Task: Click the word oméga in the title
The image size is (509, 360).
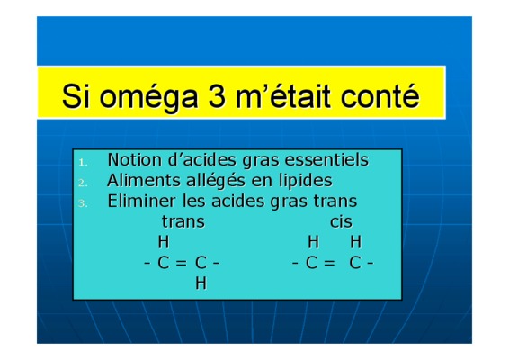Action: click(x=148, y=97)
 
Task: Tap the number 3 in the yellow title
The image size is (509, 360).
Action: click(x=217, y=95)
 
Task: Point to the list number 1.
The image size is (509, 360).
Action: click(x=83, y=163)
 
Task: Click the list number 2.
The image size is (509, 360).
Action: click(x=83, y=183)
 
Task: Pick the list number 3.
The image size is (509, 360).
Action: click(x=83, y=203)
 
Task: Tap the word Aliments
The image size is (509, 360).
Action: click(x=143, y=180)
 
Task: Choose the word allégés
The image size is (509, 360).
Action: click(x=216, y=181)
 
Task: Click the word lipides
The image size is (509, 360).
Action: click(x=306, y=181)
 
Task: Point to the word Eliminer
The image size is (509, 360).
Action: click(x=141, y=201)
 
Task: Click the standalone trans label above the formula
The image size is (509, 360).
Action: click(x=183, y=222)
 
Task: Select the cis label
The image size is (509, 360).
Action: click(x=341, y=222)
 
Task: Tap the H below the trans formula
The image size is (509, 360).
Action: click(x=201, y=283)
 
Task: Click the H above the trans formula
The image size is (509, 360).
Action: click(x=164, y=242)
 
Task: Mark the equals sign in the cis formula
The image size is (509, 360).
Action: click(x=329, y=263)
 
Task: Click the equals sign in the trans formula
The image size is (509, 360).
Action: click(x=181, y=263)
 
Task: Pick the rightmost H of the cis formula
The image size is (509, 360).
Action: click(x=356, y=242)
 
